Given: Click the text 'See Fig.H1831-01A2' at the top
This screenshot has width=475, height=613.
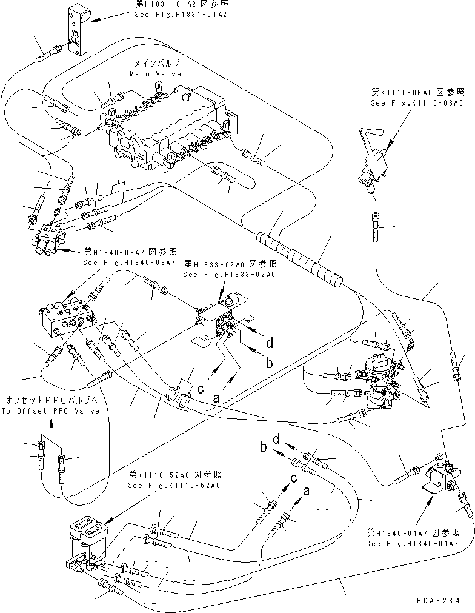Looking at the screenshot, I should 180,15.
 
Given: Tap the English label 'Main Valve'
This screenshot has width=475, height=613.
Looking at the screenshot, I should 155,74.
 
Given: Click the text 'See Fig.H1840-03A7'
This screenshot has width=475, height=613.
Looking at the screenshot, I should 128,262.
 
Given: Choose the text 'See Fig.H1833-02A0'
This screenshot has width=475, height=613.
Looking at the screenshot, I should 229,274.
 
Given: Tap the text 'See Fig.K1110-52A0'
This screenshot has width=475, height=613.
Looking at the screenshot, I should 174,486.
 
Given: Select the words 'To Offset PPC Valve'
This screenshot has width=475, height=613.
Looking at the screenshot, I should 50,410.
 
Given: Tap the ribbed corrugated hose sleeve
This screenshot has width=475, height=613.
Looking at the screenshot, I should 300,257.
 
